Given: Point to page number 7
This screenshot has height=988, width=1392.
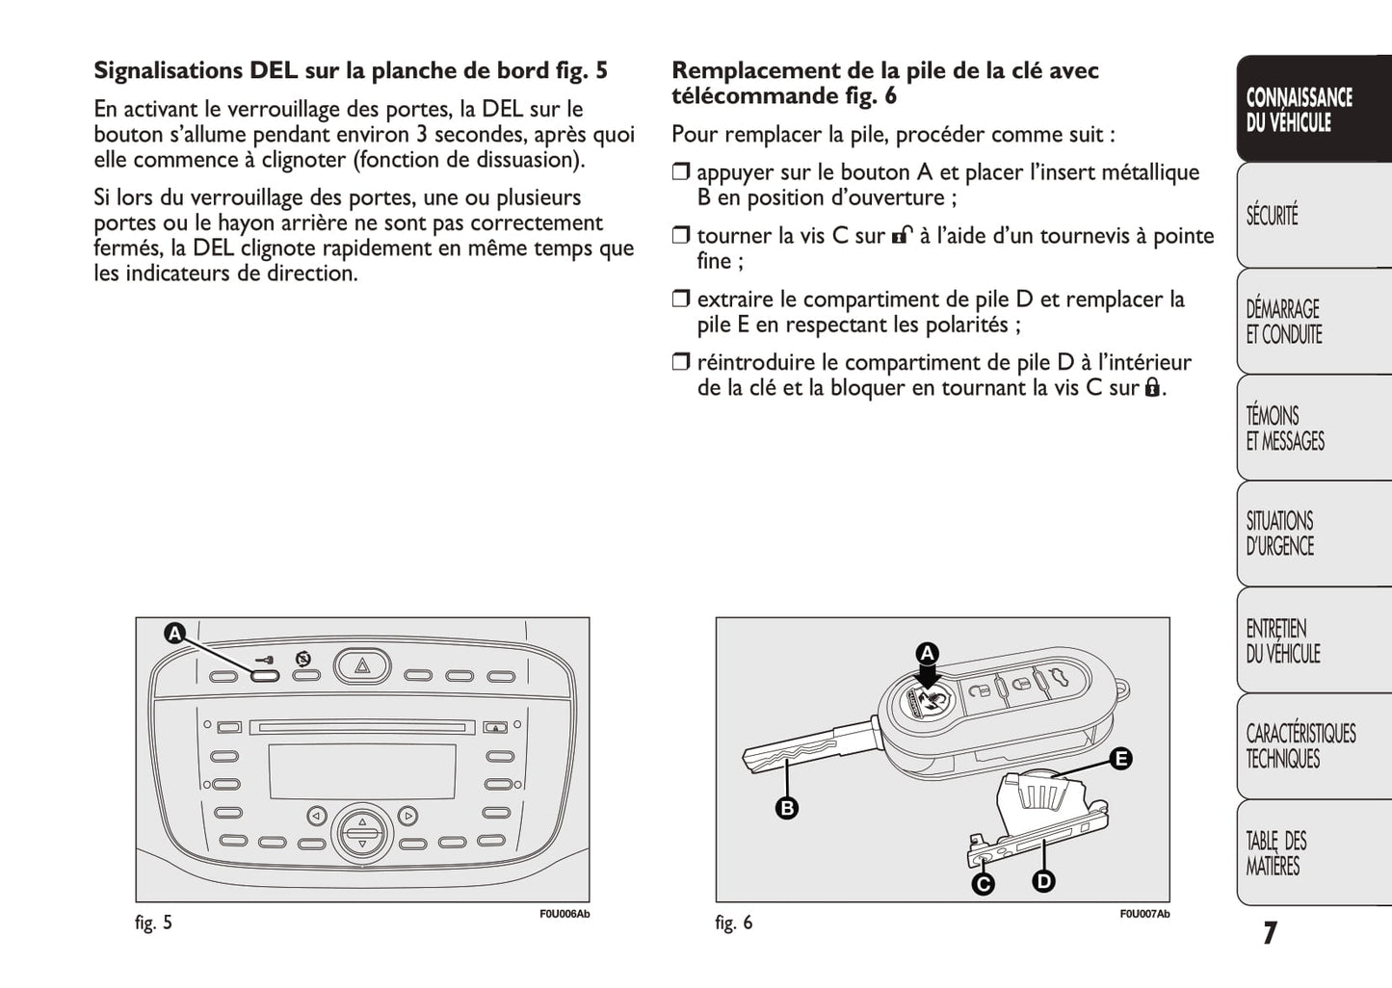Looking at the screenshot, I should (1270, 933).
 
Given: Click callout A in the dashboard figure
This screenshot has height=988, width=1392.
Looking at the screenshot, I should (174, 634).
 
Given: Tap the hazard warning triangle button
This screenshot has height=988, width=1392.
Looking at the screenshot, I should (362, 665).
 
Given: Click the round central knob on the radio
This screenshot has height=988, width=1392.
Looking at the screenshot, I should (362, 833).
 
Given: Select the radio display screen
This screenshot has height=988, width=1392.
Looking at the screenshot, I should (362, 770).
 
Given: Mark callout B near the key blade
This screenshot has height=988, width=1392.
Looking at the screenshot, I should (787, 808).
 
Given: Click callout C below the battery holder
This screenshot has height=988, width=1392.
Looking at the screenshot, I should (983, 883).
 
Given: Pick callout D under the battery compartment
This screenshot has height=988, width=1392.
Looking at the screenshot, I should (1043, 880).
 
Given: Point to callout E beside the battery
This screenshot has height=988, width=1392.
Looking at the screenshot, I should (1120, 759).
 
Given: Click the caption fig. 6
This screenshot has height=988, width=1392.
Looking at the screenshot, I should (734, 923).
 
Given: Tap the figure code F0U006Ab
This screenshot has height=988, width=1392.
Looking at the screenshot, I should (564, 914).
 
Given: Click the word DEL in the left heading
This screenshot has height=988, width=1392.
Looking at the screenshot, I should (274, 70).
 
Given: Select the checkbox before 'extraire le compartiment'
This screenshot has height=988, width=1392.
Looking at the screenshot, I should (681, 299).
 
